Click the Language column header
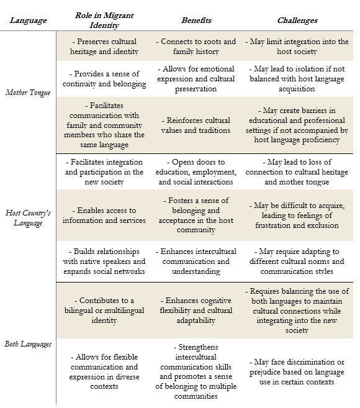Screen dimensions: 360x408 pos(28,20)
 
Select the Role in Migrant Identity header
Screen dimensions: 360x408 pos(104,20)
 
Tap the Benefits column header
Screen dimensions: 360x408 pos(196,20)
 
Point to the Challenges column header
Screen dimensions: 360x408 pos(297,20)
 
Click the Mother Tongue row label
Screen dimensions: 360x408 pos(28,93)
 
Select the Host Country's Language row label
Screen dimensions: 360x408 pos(28,218)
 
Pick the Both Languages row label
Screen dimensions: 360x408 pos(28,344)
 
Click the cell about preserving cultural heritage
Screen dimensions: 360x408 pos(104,47)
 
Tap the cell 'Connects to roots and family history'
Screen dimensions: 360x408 pos(196,47)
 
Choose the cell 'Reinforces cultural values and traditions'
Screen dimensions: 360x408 pos(196,125)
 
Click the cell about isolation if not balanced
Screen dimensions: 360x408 pos(297,79)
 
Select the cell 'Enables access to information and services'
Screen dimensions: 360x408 pos(104,215)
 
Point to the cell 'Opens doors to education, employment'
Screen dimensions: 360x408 pos(196,172)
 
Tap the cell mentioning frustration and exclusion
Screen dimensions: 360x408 pos(297,215)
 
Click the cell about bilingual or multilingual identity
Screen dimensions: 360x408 pos(104,310)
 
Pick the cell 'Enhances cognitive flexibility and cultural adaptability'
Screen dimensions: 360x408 pos(196,310)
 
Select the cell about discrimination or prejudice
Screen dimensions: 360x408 pos(297,372)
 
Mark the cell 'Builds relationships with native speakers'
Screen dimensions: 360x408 pos(104,261)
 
